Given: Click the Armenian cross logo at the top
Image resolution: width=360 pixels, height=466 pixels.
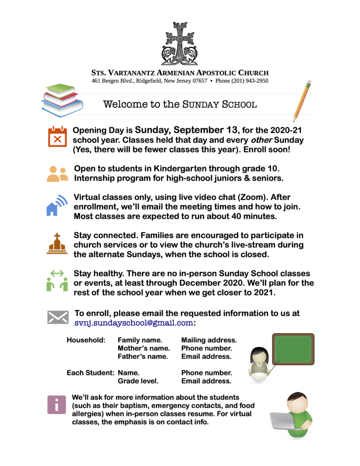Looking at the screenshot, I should click(179, 44).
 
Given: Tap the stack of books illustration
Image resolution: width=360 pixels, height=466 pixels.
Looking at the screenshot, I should click(62, 100).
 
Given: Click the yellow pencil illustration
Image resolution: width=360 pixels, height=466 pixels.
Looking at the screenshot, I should click(302, 101).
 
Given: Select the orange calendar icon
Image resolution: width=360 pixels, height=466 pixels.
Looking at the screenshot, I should click(57, 137).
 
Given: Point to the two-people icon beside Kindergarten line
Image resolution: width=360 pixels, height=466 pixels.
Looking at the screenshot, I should click(57, 173).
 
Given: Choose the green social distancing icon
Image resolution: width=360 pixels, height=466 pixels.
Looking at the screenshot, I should click(57, 280).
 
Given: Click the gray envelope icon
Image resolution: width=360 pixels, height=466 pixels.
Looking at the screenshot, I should click(58, 317).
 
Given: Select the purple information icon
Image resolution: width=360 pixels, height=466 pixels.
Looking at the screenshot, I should click(57, 405).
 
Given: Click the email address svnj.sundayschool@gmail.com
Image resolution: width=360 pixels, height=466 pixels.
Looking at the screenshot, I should click(134, 323).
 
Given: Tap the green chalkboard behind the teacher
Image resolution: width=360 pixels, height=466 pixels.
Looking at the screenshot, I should click(293, 349).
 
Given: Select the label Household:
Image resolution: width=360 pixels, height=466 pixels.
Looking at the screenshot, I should click(86, 340).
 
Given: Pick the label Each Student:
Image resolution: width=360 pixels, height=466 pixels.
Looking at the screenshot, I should click(91, 373).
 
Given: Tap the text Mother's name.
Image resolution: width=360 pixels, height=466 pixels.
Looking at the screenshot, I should click(144, 348).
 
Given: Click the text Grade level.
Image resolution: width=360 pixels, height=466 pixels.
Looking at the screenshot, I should click(138, 381).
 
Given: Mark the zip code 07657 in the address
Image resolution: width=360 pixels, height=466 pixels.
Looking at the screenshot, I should click(199, 81).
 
